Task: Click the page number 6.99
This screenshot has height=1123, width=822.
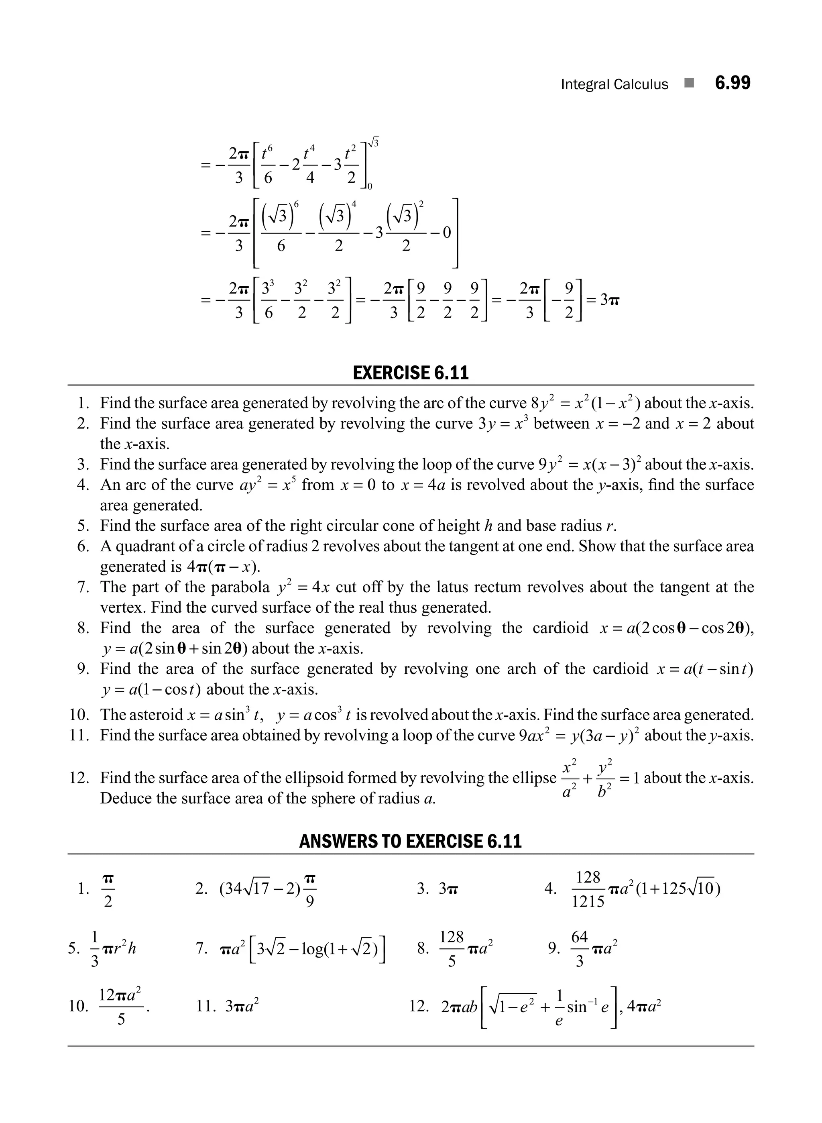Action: tap(732, 83)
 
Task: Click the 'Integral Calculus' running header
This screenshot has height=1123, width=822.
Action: tap(614, 85)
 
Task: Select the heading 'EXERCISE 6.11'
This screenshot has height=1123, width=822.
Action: tap(411, 373)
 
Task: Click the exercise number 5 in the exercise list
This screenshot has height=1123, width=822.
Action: tap(83, 526)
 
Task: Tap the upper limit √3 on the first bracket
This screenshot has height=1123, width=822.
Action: tap(373, 143)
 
